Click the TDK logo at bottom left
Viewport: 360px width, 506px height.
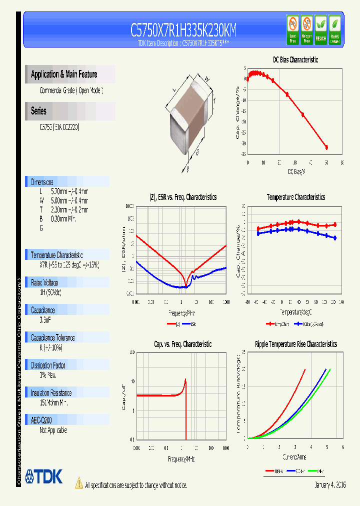pos(44,476)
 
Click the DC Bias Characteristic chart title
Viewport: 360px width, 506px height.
pos(295,59)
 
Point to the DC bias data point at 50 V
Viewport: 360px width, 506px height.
pos(326,147)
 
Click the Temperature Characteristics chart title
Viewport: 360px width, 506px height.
pos(295,197)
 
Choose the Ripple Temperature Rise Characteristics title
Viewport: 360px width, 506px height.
pos(295,344)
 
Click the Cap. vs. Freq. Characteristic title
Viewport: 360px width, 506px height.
pos(182,344)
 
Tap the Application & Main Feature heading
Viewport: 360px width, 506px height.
pos(64,74)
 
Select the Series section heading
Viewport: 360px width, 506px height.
pos(38,111)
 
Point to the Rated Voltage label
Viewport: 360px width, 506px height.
pos(44,282)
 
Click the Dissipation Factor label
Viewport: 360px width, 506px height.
pos(48,365)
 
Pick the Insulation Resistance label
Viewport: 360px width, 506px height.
pos(51,393)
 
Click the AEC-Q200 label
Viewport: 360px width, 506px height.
pos(41,420)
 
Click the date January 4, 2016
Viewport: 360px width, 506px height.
pos(330,485)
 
